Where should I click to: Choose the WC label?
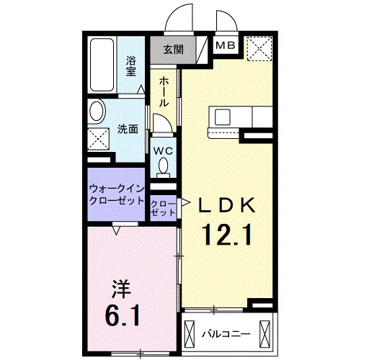coord(163,150)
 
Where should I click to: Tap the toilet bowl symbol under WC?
coord(164,167)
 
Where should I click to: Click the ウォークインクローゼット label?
coord(117,195)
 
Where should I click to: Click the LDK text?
coord(227,207)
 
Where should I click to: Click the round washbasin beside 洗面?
coord(97,112)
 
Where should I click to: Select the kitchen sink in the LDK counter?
coord(221,116)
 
